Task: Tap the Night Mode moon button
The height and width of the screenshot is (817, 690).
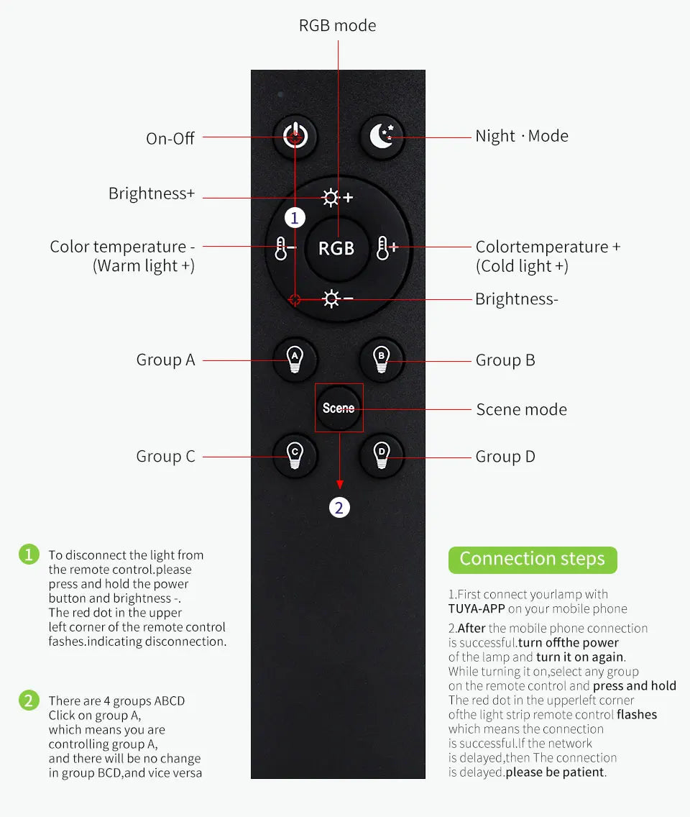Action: click(382, 136)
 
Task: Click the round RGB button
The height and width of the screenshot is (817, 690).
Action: click(336, 248)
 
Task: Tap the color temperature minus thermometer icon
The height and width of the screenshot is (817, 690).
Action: click(281, 249)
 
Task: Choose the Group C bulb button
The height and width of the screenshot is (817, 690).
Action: click(294, 455)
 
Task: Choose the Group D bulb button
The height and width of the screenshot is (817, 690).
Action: click(382, 455)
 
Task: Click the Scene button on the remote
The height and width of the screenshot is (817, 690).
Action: click(339, 408)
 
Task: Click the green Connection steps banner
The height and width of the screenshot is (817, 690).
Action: click(532, 559)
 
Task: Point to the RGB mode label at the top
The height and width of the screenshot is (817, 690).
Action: click(337, 26)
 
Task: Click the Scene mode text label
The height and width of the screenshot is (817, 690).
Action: click(521, 410)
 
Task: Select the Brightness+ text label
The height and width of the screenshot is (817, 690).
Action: click(152, 193)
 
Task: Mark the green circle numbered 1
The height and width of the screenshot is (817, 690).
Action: click(29, 554)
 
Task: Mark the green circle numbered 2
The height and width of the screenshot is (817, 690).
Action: click(29, 700)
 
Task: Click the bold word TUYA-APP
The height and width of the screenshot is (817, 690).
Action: click(477, 608)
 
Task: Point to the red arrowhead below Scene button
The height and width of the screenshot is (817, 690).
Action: click(339, 485)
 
